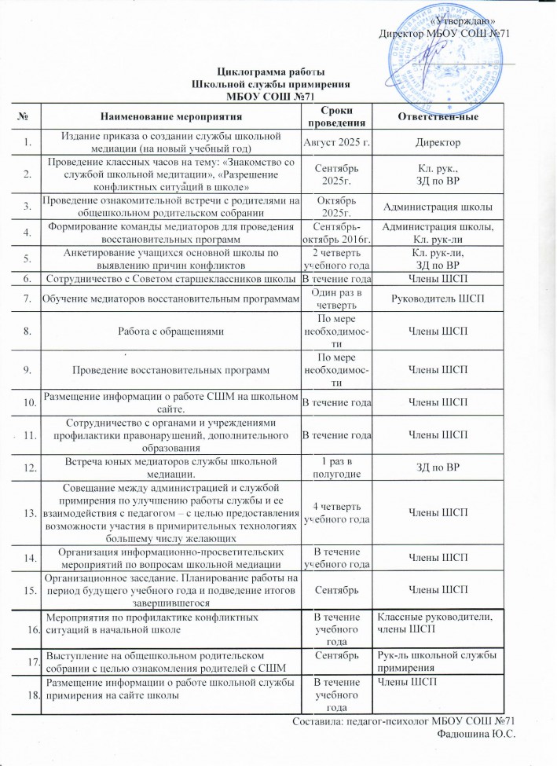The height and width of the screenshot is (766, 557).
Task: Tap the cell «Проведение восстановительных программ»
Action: coord(169,368)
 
